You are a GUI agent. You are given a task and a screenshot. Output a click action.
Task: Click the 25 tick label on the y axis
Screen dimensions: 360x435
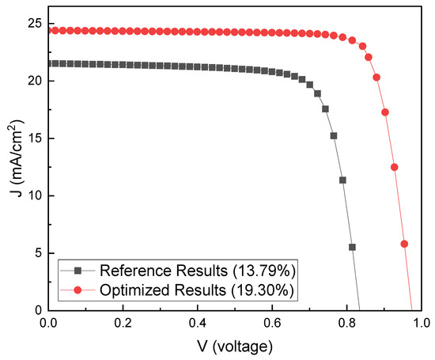(x=31, y=24)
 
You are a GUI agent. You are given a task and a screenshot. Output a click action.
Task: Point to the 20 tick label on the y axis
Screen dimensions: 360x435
(x=31, y=81)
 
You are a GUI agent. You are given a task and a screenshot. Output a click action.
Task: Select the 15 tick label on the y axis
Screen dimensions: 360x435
(x=31, y=138)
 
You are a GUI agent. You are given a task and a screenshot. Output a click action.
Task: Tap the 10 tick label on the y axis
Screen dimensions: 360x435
(x=31, y=196)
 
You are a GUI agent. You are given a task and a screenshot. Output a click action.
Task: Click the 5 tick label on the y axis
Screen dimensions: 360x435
(x=34, y=253)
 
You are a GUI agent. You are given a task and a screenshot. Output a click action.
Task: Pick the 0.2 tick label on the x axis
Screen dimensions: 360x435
(x=123, y=324)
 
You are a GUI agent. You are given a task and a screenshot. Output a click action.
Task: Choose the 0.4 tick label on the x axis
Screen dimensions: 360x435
(x=198, y=324)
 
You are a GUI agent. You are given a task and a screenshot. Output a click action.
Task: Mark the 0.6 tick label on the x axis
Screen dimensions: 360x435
(x=272, y=324)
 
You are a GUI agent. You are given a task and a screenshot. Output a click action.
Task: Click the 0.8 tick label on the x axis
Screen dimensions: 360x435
(x=346, y=324)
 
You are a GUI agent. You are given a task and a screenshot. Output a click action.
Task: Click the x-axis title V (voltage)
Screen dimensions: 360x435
(x=235, y=346)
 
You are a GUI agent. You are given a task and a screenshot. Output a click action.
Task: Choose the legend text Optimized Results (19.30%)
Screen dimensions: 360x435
(x=197, y=290)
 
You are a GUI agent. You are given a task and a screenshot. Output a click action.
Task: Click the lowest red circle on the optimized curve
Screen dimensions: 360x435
(x=404, y=244)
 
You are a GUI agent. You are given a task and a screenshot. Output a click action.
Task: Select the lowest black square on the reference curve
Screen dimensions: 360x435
(x=352, y=247)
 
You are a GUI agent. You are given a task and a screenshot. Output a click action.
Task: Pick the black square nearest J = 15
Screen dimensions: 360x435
(x=334, y=135)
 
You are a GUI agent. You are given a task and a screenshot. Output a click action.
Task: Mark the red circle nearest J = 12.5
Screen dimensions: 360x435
(x=395, y=167)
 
